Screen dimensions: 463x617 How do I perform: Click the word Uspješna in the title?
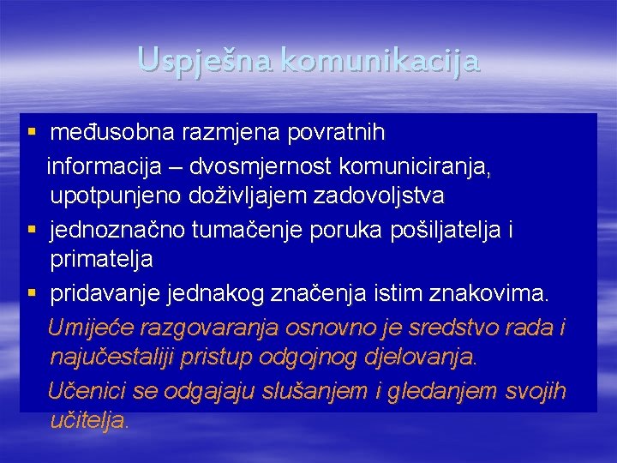click(x=203, y=61)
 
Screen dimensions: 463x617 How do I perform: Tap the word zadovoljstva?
click(x=378, y=196)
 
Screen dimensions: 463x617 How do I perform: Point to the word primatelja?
click(x=101, y=259)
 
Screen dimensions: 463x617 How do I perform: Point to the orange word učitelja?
click(x=89, y=421)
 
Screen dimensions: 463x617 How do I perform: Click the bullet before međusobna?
click(x=32, y=133)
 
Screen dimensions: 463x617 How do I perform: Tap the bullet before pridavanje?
click(x=32, y=294)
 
